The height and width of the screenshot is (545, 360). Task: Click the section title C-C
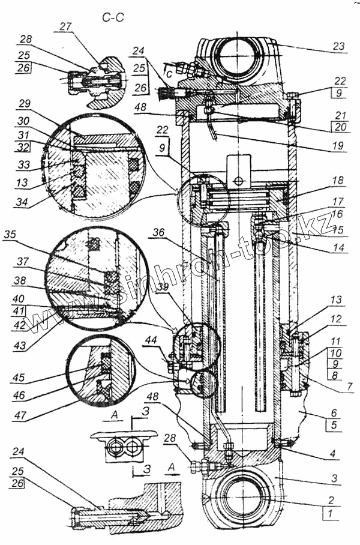click(113, 19)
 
